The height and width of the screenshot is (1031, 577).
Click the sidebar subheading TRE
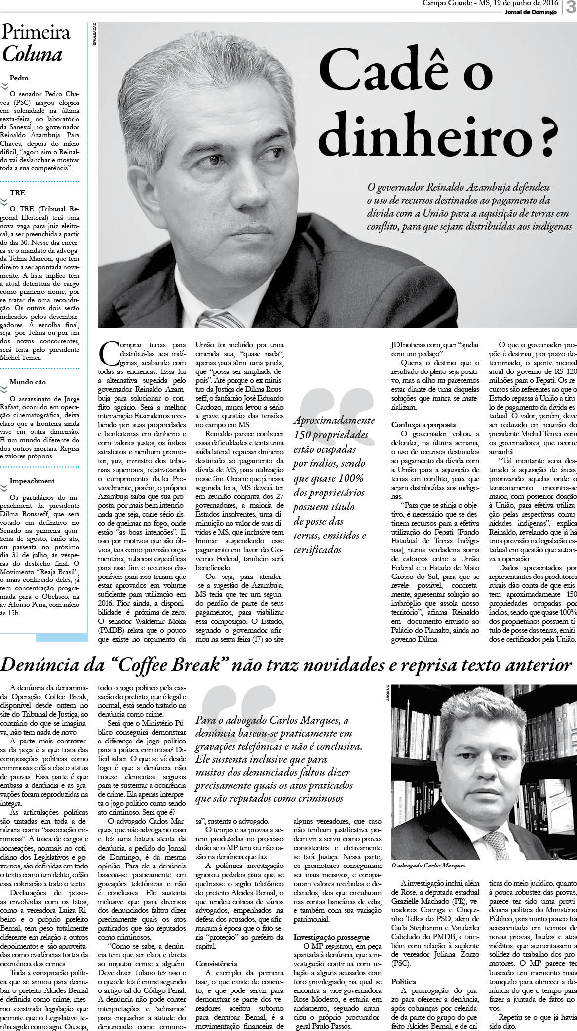[x=18, y=193]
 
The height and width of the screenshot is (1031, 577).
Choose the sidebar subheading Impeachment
[x=32, y=481]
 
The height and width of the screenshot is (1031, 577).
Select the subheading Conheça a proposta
[x=423, y=425]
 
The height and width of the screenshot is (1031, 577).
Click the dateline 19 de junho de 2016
[x=525, y=3]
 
